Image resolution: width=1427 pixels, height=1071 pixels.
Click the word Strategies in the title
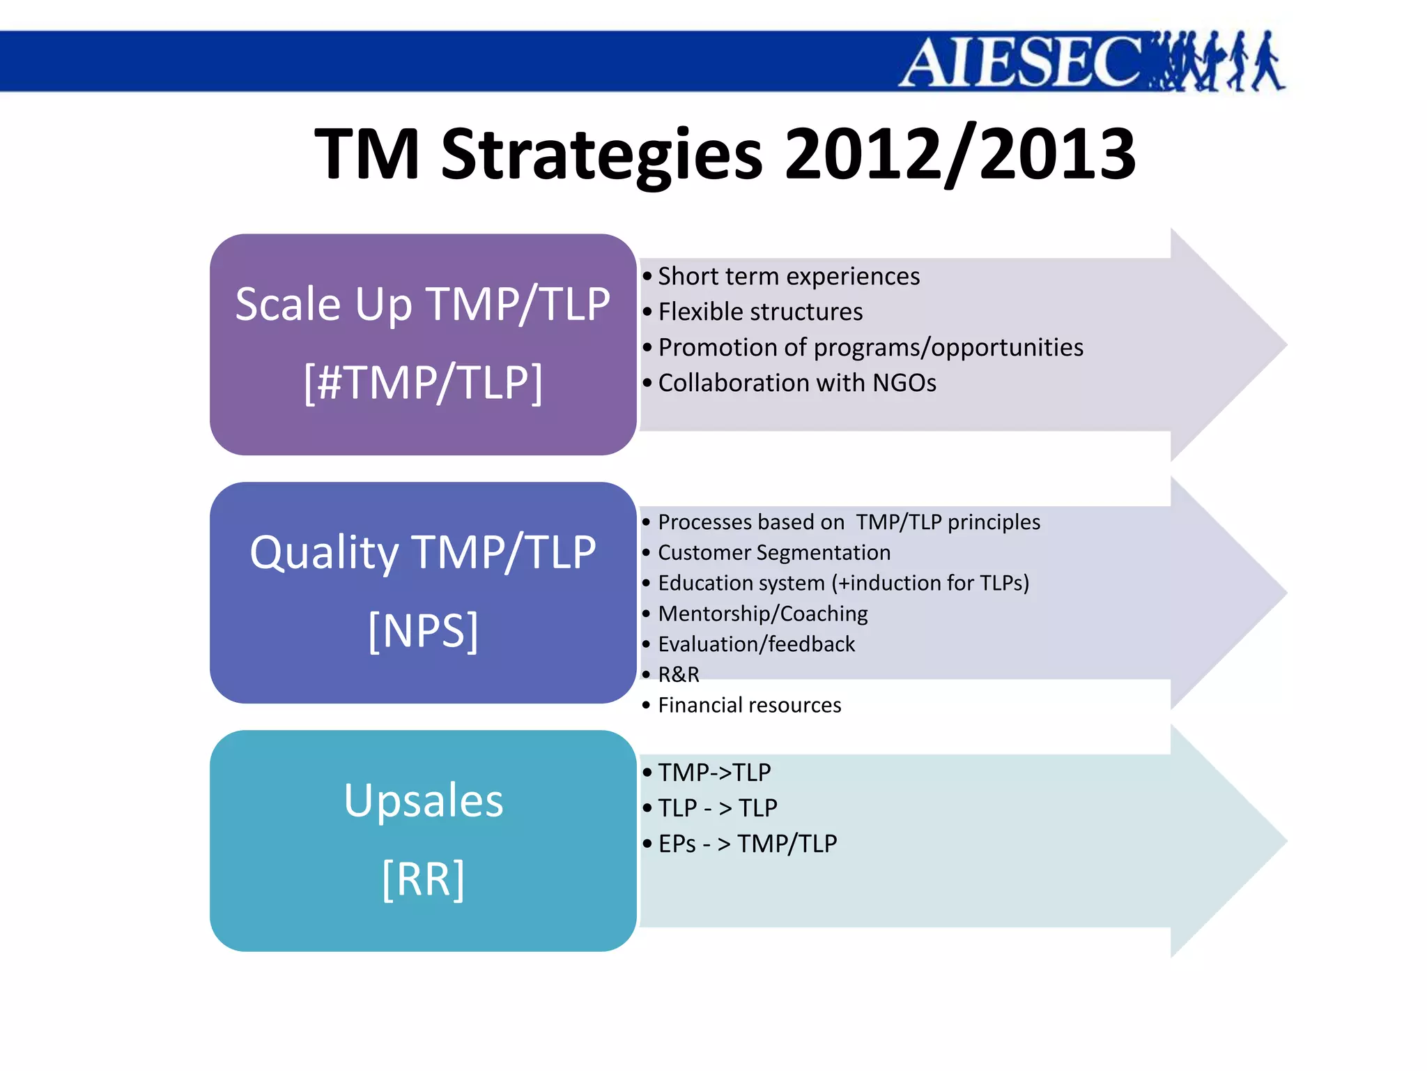pyautogui.click(x=602, y=155)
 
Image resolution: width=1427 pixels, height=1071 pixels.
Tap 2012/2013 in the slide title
pyautogui.click(x=960, y=155)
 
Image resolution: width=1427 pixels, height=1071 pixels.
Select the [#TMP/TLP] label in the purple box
pyautogui.click(x=423, y=383)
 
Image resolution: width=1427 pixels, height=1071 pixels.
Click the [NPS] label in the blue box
pyautogui.click(x=423, y=630)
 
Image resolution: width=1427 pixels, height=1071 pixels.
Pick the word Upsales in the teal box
pyautogui.click(x=423, y=800)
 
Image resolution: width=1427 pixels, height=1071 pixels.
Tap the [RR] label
pyautogui.click(x=423, y=879)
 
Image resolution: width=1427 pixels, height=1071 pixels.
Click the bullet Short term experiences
pyautogui.click(x=788, y=277)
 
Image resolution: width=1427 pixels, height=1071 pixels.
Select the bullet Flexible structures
pyautogui.click(x=759, y=312)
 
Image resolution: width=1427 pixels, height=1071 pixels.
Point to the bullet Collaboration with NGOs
pyautogui.click(x=796, y=383)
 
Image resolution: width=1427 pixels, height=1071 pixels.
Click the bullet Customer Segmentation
pyautogui.click(x=773, y=553)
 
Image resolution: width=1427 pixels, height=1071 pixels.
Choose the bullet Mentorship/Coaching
pyautogui.click(x=762, y=614)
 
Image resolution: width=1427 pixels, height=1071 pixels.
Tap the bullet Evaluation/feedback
pyautogui.click(x=756, y=644)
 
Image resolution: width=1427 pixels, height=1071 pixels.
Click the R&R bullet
pyautogui.click(x=678, y=675)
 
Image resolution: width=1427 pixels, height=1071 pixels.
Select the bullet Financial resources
pyautogui.click(x=749, y=706)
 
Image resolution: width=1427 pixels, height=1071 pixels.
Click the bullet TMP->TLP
pyautogui.click(x=714, y=773)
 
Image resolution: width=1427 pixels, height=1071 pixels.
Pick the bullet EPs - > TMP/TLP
pyautogui.click(x=747, y=844)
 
